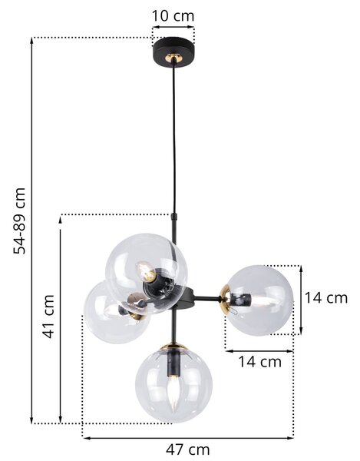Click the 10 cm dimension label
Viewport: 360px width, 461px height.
point(173,16)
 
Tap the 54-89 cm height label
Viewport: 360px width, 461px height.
point(20,221)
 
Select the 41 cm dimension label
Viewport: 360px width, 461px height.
point(48,317)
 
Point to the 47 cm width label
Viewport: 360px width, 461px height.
point(188,449)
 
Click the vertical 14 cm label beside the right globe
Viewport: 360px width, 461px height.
point(326,298)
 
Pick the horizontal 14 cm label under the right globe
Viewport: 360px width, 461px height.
point(259,362)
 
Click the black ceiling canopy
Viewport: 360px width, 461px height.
point(173,52)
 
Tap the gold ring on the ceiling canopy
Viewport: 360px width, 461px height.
point(173,57)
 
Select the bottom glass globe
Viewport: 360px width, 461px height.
point(173,383)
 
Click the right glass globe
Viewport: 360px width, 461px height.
point(259,300)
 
